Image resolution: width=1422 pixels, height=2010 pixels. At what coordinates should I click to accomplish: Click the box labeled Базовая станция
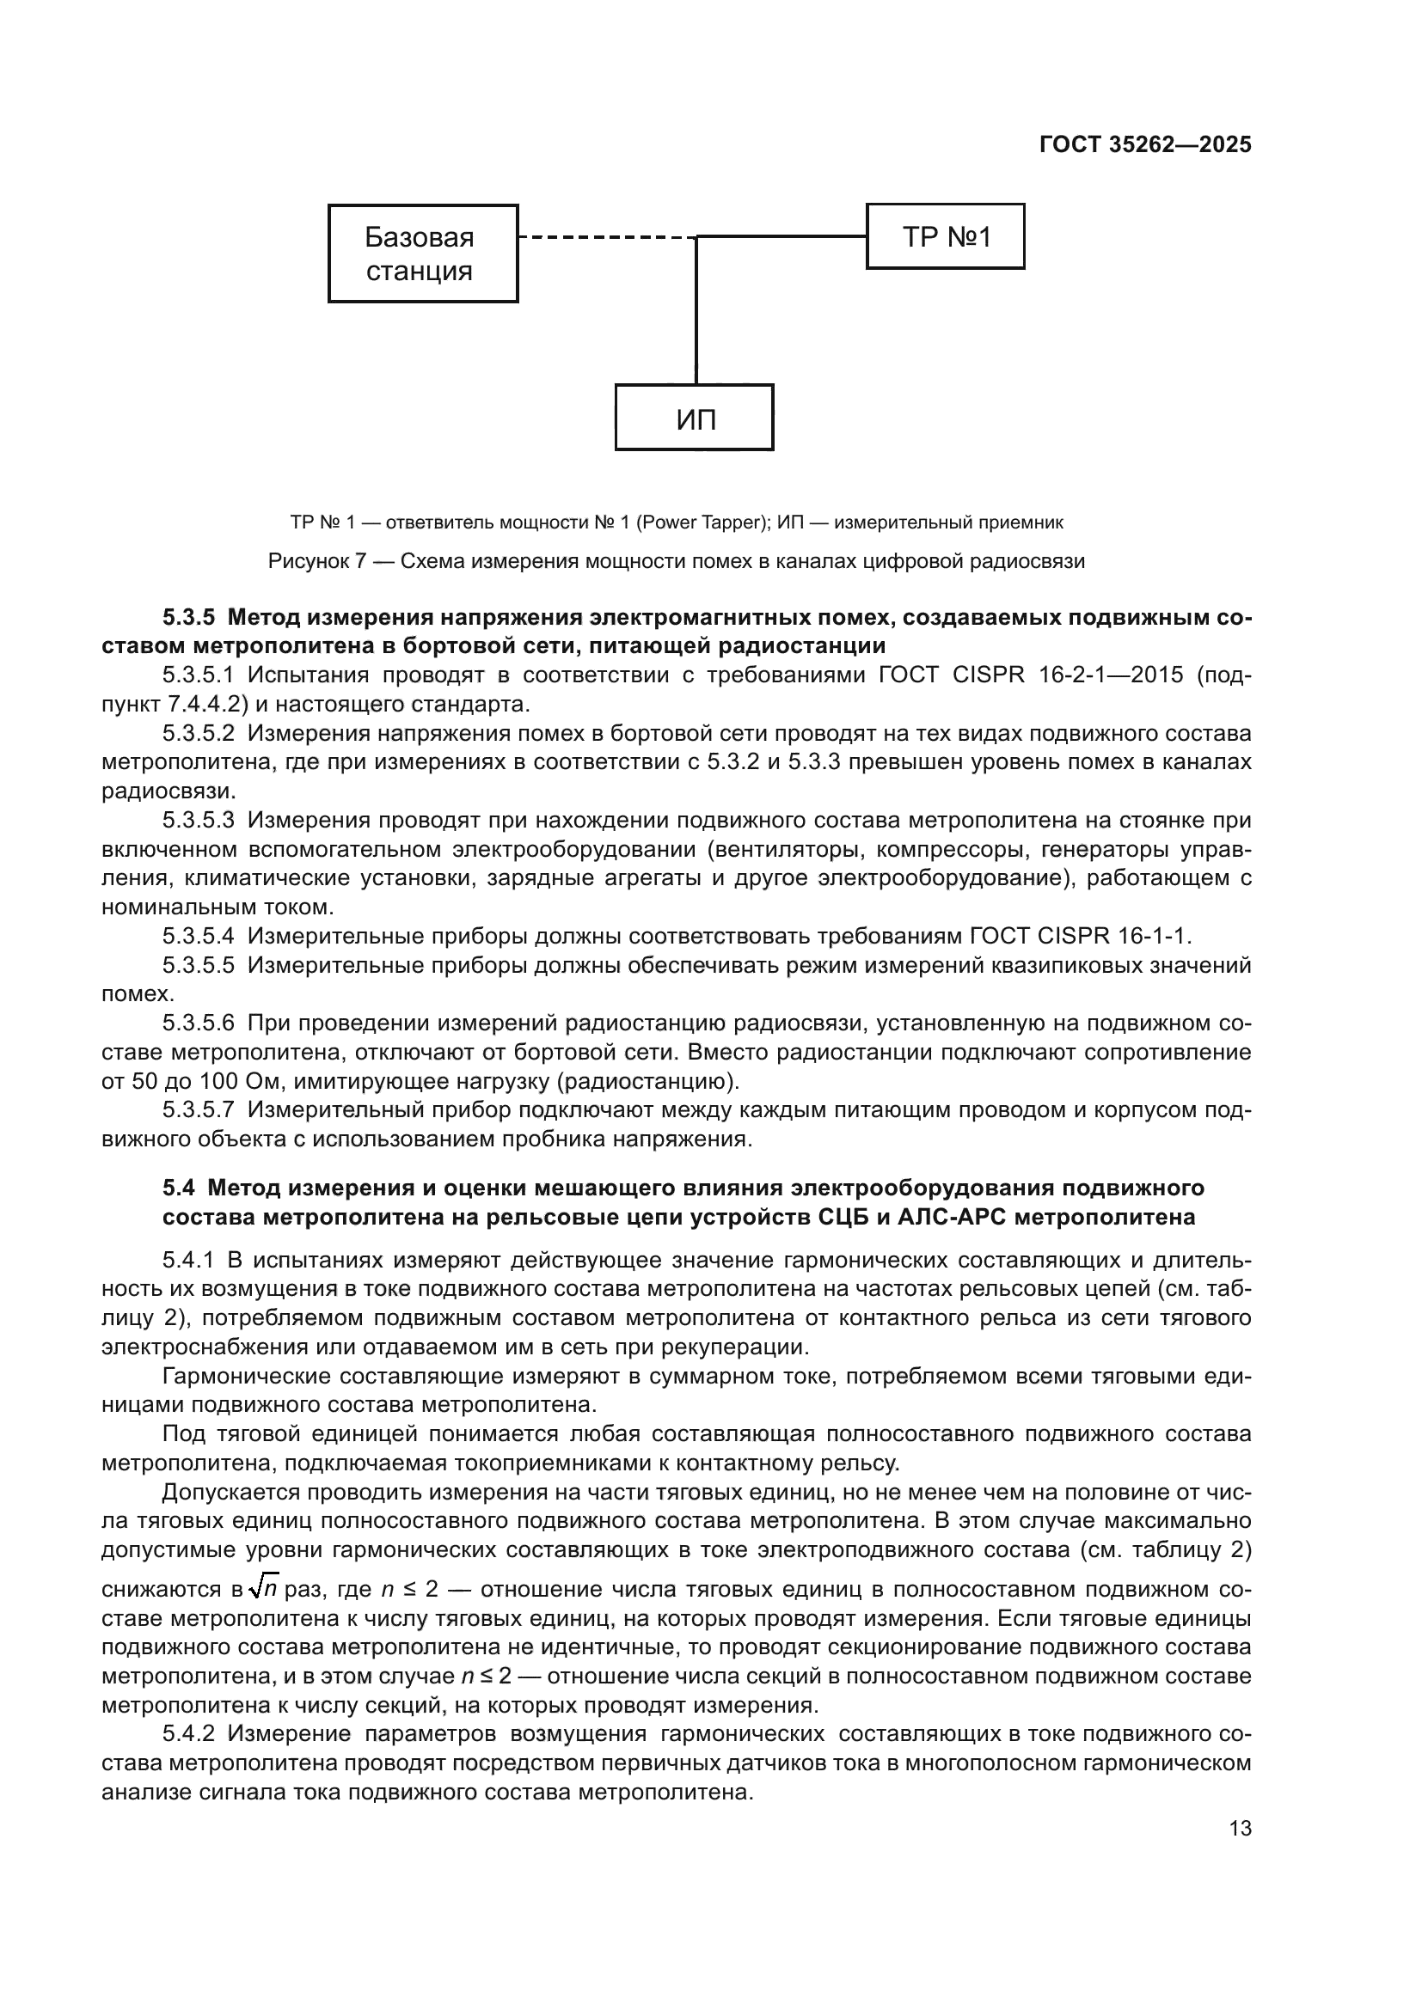coord(423,254)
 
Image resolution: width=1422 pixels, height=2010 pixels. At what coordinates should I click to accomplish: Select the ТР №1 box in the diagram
coord(945,236)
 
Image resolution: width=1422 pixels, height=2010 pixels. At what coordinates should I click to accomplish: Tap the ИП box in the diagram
coord(695,418)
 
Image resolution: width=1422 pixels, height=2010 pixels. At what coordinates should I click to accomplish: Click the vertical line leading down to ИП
coord(696,315)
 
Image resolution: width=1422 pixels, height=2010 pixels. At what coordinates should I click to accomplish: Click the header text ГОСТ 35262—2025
coord(1145,145)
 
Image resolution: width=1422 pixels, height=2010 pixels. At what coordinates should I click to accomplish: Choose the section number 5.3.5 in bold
coord(188,618)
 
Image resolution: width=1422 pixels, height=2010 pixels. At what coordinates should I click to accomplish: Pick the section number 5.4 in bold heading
coord(179,1188)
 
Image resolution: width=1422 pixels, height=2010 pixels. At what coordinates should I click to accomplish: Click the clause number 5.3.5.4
coord(198,937)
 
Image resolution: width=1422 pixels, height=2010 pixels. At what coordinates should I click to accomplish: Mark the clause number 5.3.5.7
coord(198,1110)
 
